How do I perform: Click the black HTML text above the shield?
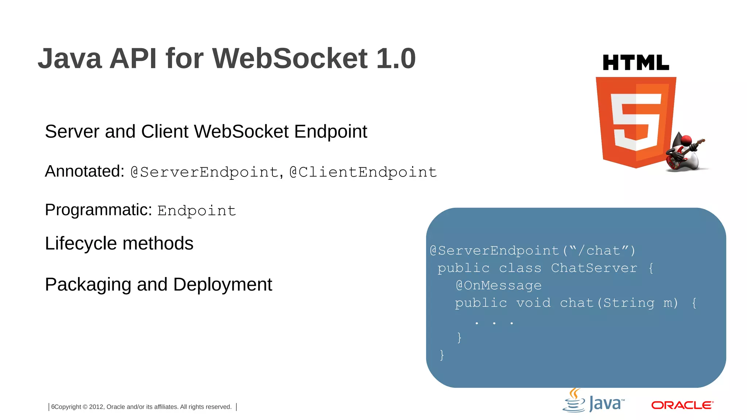click(636, 63)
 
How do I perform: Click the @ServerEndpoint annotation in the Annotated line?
click(205, 172)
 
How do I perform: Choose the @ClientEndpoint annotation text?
click(363, 172)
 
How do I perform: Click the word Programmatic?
click(98, 210)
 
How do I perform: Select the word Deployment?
click(222, 284)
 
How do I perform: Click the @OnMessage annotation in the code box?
click(499, 285)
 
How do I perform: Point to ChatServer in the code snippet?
click(594, 268)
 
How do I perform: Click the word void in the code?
click(533, 303)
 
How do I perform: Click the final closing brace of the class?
click(442, 355)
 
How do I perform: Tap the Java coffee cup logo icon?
click(574, 401)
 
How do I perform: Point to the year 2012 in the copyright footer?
click(97, 407)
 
